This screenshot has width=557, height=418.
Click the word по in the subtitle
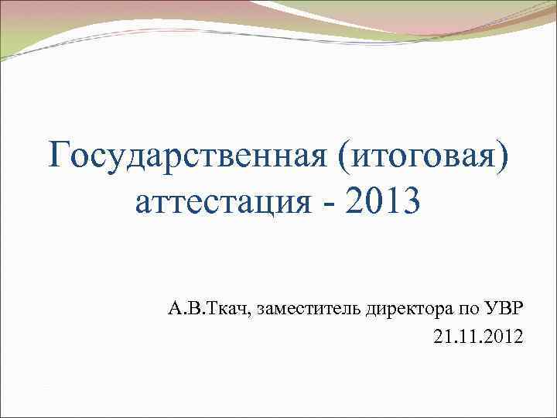pyautogui.click(x=470, y=311)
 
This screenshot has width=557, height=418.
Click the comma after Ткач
pyautogui.click(x=251, y=315)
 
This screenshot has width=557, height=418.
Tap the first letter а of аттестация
pyautogui.click(x=143, y=205)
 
